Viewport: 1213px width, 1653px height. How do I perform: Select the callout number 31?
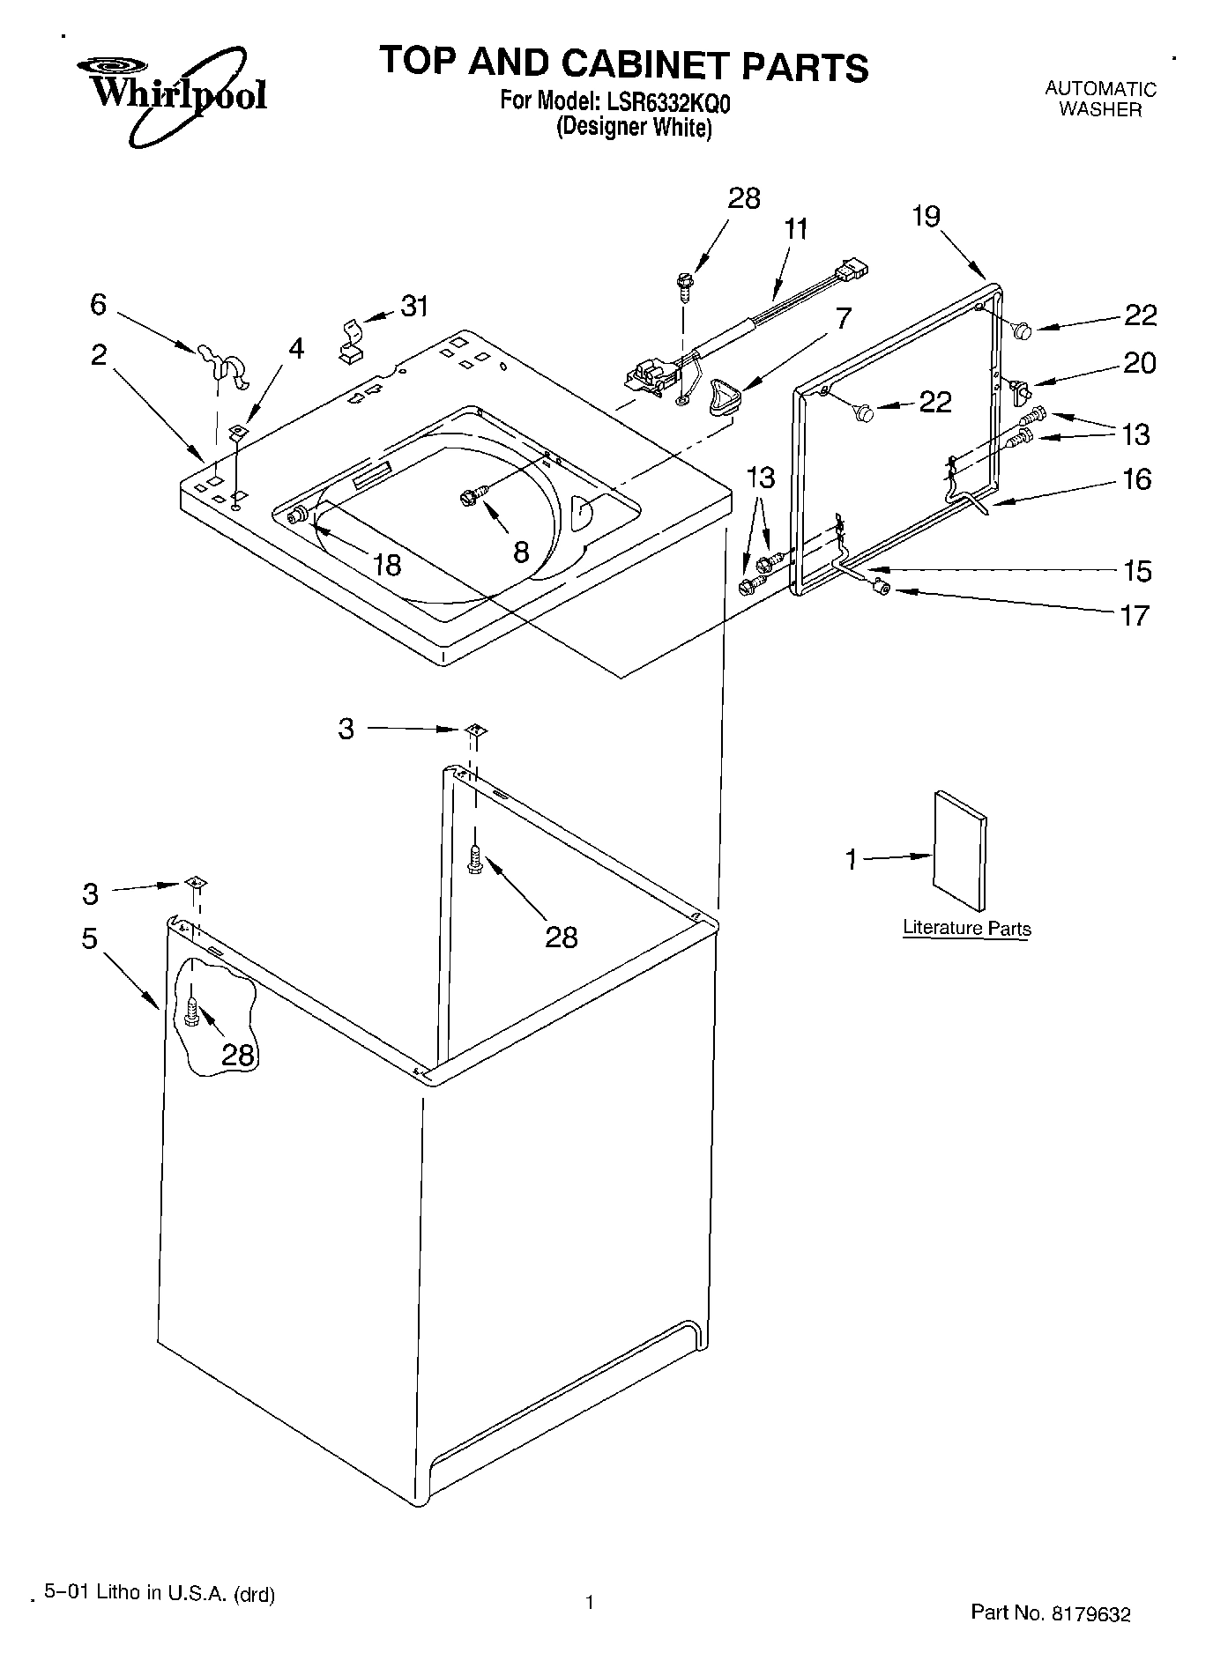tap(414, 307)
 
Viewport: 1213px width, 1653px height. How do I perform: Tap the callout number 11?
tap(795, 229)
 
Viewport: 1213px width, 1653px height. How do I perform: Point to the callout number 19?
tap(926, 216)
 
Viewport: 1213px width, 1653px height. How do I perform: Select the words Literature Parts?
tap(966, 928)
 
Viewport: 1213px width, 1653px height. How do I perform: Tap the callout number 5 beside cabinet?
tap(89, 939)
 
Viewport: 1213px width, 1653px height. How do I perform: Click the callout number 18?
tap(386, 565)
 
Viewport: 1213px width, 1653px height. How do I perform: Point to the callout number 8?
tap(520, 553)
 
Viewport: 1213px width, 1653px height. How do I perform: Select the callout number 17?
tap(1135, 615)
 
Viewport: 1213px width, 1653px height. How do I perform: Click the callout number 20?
tap(1139, 363)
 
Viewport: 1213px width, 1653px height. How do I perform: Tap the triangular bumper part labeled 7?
tap(723, 391)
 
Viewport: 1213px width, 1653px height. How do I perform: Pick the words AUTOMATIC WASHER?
tap(1100, 99)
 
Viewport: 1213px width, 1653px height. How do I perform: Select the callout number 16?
tap(1137, 479)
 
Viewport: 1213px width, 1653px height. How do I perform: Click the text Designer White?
tap(633, 127)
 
